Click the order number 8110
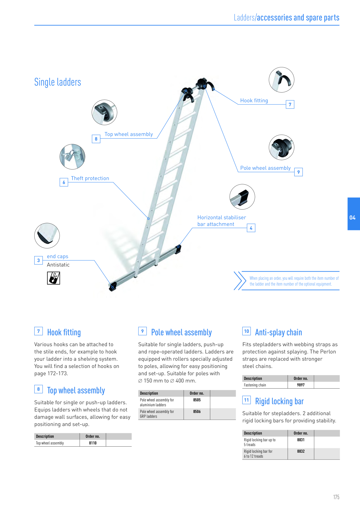pos(93,443)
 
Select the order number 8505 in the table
pos(197,400)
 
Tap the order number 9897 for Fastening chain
pos(301,385)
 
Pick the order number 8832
pos(301,451)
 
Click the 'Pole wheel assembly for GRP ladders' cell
pos(157,414)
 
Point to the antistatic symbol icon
pos(53,278)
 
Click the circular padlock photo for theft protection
pos(72,157)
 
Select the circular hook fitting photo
pos(282,80)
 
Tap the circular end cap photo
pos(47,236)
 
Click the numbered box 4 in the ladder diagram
pos(251,228)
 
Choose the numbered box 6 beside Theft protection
pos(64,182)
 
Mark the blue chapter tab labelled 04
pos(354,214)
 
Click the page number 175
pos(336,497)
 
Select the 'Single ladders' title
pos(57,82)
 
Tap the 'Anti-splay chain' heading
pos(278,333)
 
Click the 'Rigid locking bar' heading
pos(279,401)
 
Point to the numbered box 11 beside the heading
pos(246,400)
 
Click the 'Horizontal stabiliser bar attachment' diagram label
pos(222,221)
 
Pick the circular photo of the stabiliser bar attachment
pos(242,197)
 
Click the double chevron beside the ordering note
pos(240,281)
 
